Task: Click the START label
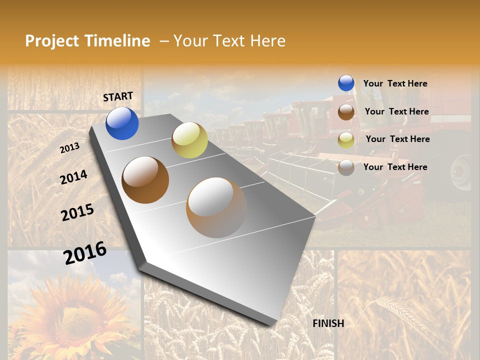(x=118, y=96)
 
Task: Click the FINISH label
(x=328, y=323)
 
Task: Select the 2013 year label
(x=69, y=148)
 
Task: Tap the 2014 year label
(x=73, y=177)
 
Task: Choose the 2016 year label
(x=85, y=252)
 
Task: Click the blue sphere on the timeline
(x=122, y=123)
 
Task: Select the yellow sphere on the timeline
(x=189, y=140)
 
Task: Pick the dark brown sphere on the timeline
(x=145, y=179)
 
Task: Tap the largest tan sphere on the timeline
(x=216, y=207)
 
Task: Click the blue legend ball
(x=346, y=83)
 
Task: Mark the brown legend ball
(x=346, y=111)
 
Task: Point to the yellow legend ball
(x=346, y=139)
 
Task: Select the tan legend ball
(x=346, y=167)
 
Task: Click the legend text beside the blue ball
(x=395, y=83)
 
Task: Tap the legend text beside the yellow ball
(x=397, y=139)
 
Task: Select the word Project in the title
(x=52, y=41)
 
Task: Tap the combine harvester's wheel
(x=461, y=172)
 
